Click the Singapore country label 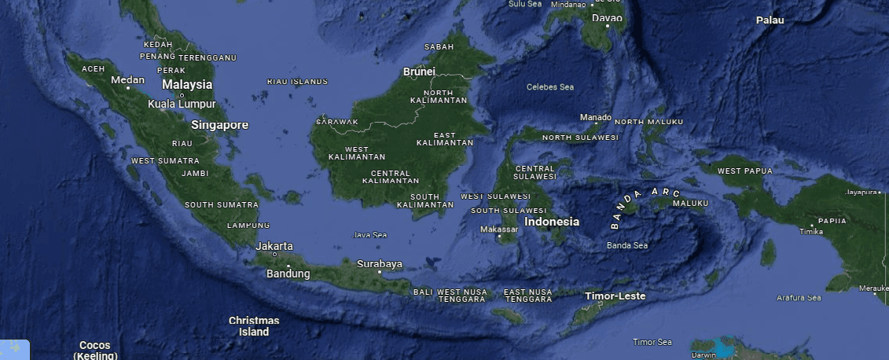(x=219, y=125)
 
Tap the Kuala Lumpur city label (x=181, y=104)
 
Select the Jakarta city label (x=274, y=245)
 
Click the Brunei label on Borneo (x=419, y=72)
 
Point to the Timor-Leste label (x=615, y=296)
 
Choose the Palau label (x=770, y=20)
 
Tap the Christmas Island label (x=254, y=326)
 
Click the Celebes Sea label (x=550, y=87)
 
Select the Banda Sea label (x=627, y=245)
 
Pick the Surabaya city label (x=380, y=264)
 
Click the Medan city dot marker (x=128, y=88)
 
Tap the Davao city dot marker (x=608, y=26)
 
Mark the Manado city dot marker (x=596, y=124)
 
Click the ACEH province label (x=93, y=69)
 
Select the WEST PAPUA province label (x=744, y=171)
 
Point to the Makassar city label (x=499, y=230)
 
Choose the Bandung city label (x=288, y=274)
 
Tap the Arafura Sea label (x=799, y=298)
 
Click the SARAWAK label (x=337, y=122)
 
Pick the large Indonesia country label (x=552, y=222)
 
